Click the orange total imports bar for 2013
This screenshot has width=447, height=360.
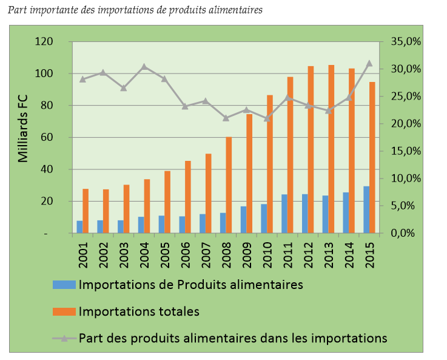(x=331, y=149)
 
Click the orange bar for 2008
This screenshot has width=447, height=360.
(x=229, y=185)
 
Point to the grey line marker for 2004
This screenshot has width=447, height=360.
(x=144, y=67)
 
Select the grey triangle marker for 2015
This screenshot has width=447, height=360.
(x=369, y=63)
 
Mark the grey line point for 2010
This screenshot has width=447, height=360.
(x=267, y=118)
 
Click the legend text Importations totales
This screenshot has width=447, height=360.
(x=139, y=311)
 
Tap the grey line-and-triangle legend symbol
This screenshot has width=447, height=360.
(x=64, y=338)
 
